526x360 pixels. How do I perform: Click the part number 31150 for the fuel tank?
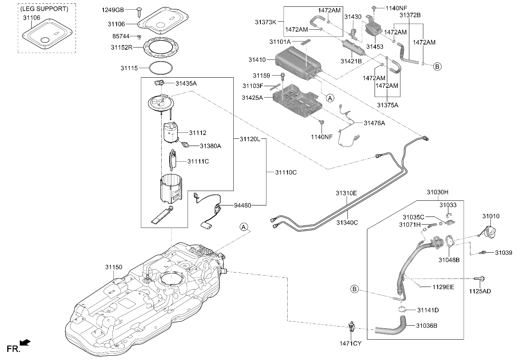[x=114, y=267]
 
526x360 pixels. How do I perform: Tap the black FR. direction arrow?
[x=25, y=343]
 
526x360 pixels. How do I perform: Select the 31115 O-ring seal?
[x=161, y=68]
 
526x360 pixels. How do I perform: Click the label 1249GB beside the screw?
[x=113, y=10]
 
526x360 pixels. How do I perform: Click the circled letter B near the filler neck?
[x=354, y=289]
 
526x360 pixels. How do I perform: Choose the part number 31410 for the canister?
[x=257, y=60]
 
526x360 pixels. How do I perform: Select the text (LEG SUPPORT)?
[x=45, y=9]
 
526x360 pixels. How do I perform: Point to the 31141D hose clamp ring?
[x=402, y=309]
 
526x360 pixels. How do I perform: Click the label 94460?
[x=243, y=205]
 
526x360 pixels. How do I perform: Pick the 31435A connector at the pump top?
[x=159, y=83]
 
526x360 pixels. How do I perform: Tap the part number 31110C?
[x=286, y=172]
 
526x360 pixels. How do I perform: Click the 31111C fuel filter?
[x=173, y=160]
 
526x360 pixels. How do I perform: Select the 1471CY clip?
[x=352, y=326]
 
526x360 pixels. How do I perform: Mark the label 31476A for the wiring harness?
[x=374, y=123]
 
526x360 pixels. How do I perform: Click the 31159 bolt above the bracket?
[x=283, y=76]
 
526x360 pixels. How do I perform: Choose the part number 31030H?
[x=437, y=192]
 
